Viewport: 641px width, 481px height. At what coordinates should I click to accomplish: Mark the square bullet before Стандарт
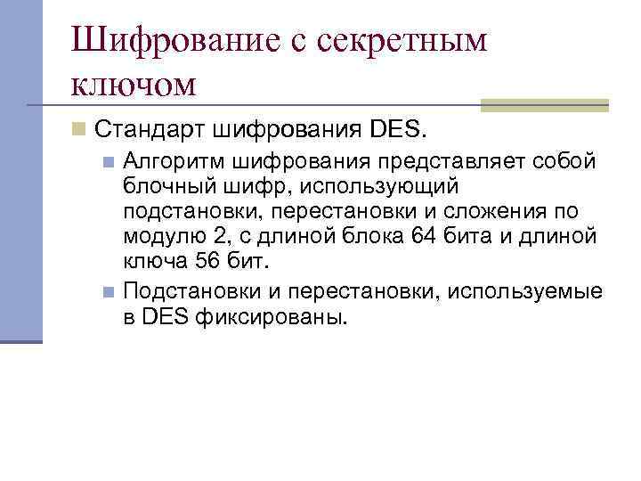tap(79, 131)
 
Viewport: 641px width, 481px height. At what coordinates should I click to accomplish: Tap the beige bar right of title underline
tap(544, 105)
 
